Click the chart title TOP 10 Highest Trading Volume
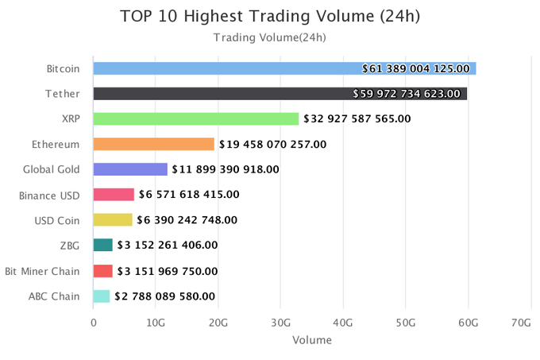[x=269, y=16]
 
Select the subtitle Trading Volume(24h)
[x=269, y=37]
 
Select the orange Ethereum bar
[x=153, y=145]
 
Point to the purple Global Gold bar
[x=130, y=169]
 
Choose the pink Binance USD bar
[x=114, y=195]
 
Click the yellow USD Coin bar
[x=113, y=220]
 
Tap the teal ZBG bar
[x=103, y=246]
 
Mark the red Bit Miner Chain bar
[x=103, y=271]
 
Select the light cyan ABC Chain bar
[x=102, y=296]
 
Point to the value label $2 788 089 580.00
[x=165, y=296]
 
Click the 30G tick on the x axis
[x=281, y=323]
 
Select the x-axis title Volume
[x=311, y=340]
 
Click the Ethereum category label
[x=56, y=145]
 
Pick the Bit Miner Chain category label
[x=42, y=271]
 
